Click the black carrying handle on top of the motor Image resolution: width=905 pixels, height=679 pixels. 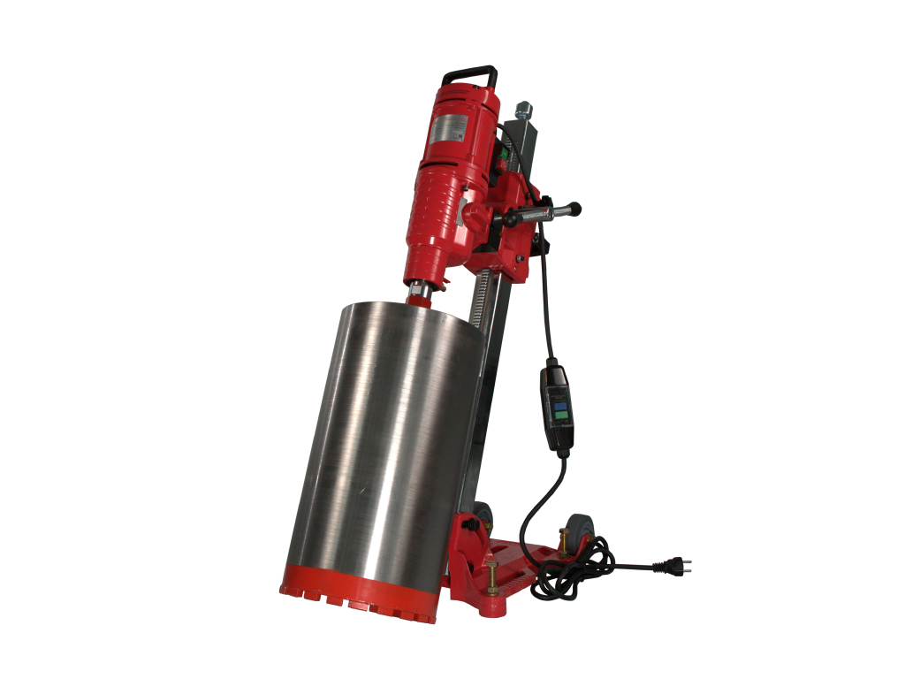pos(469,72)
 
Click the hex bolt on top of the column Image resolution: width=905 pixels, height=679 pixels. pos(523,111)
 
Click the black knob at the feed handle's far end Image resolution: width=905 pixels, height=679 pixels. pos(575,209)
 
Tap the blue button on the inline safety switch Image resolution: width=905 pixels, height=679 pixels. pos(559,412)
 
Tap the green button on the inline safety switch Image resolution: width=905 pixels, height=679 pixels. pos(559,399)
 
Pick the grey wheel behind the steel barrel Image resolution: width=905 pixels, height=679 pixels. pos(482,517)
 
